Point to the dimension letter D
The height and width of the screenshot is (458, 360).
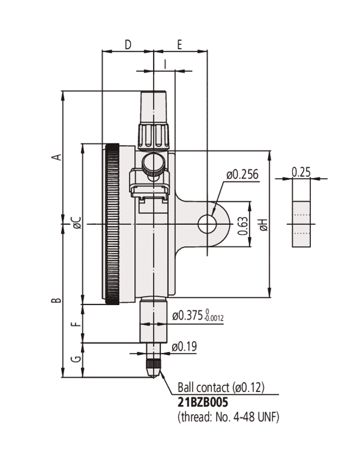(128, 44)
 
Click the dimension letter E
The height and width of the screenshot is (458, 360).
(180, 44)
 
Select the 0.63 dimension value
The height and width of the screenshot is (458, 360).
(243, 224)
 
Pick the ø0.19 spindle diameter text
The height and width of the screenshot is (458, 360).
(184, 346)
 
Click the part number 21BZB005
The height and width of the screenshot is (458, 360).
(203, 402)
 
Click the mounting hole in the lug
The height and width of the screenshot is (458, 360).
(208, 224)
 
